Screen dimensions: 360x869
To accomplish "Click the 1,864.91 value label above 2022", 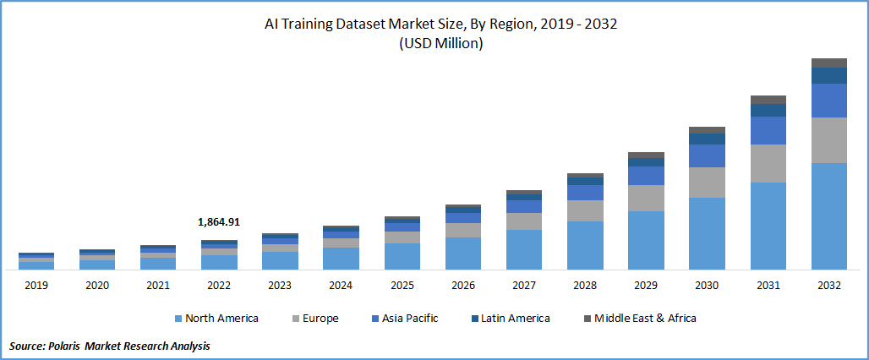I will click(x=219, y=222).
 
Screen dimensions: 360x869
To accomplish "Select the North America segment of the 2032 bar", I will click(x=829, y=215).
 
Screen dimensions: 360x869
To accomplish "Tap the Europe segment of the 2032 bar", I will click(x=829, y=140).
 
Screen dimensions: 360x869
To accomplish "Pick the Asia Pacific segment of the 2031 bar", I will click(x=768, y=130).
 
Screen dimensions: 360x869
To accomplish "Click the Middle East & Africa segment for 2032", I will click(x=829, y=63).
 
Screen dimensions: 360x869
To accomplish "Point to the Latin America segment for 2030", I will click(x=707, y=139).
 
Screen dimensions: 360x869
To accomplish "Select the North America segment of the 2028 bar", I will click(x=585, y=245).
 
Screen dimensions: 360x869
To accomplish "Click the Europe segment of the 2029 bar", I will click(x=646, y=198).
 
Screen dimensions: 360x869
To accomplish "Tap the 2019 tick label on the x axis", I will click(x=36, y=286).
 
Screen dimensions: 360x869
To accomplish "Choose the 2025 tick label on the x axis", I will click(x=402, y=286).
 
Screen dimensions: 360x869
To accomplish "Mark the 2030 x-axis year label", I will click(x=707, y=286).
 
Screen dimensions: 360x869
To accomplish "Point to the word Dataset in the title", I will click(x=383, y=24).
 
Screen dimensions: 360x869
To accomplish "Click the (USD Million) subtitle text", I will click(x=440, y=44).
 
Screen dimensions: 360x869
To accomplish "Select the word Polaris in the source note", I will click(x=71, y=346).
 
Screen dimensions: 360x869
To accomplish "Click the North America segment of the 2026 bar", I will click(x=463, y=254).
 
